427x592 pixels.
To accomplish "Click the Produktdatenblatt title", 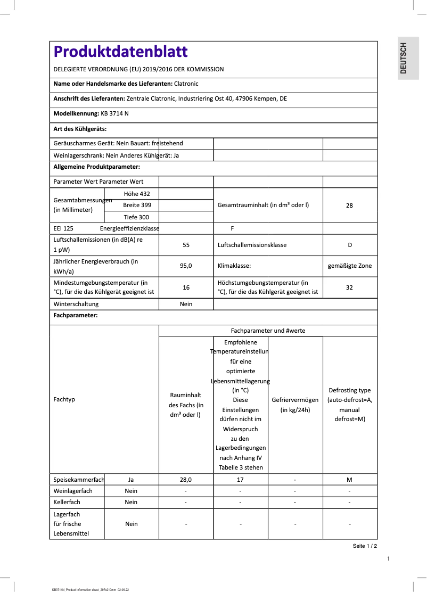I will (120, 52).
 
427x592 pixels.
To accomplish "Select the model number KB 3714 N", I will (114, 113).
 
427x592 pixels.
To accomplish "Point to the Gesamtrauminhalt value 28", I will (349, 205).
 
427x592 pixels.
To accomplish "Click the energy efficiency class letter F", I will (232, 228).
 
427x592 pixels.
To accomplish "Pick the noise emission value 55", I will (186, 245).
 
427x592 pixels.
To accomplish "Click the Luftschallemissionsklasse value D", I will (350, 245).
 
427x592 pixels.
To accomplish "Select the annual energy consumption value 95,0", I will (186, 266).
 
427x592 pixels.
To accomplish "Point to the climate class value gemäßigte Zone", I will (350, 266).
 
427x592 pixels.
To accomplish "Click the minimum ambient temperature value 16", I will (186, 287).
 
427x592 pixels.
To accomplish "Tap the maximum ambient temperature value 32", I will (349, 287).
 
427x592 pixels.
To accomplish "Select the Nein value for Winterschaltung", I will (186, 304).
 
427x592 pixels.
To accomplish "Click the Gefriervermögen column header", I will (295, 405).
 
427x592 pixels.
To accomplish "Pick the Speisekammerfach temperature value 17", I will (241, 480).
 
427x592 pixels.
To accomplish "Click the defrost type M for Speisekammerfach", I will (349, 480).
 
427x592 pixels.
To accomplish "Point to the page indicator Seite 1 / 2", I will (365, 546).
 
